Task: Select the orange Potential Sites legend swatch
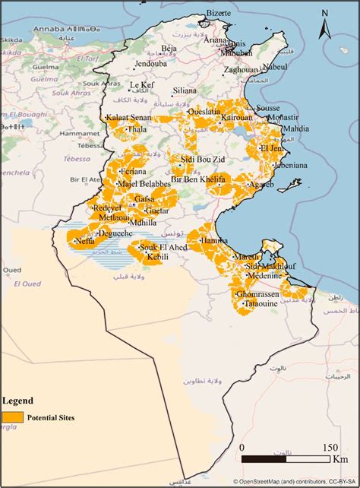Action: tap(12, 417)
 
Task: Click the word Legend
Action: tap(17, 401)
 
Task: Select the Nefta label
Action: tap(84, 242)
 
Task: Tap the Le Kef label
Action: tap(142, 85)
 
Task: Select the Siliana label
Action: tap(185, 90)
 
